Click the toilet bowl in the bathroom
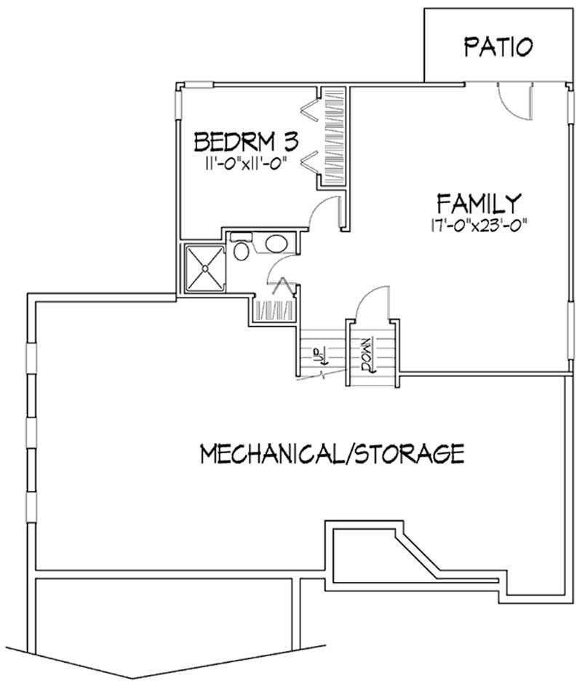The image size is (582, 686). pos(242,250)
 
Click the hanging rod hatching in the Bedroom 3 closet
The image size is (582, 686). pos(333,138)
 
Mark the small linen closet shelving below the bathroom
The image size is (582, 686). pos(274,311)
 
